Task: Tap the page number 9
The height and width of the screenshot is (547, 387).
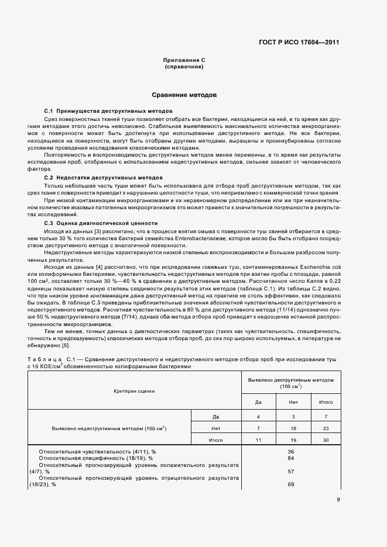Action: pos(338,499)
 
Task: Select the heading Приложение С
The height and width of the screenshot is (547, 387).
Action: pos(184,61)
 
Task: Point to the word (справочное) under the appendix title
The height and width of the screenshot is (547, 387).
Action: pos(184,67)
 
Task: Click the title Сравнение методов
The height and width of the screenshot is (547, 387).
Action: pos(184,95)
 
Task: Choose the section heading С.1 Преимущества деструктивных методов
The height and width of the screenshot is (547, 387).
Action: pos(108,110)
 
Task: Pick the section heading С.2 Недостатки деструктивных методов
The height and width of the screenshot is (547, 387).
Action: pos(104,177)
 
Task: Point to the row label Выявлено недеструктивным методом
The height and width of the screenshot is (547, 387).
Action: pos(109,428)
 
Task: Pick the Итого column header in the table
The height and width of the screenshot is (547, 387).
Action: pos(326,402)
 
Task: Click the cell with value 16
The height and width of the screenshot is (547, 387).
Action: pos(293,428)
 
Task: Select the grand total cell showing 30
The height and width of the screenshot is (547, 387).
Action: pos(326,439)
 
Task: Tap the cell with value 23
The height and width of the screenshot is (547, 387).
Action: pos(326,428)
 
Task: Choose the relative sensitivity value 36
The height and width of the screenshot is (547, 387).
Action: pos(291,452)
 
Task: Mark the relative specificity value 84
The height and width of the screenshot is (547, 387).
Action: pos(291,459)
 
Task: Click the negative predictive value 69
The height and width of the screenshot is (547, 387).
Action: pos(291,484)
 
